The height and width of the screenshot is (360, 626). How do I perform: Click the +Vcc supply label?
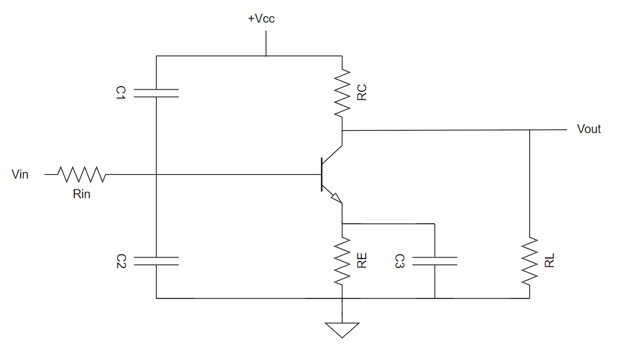[261, 19]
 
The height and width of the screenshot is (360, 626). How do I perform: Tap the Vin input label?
[20, 174]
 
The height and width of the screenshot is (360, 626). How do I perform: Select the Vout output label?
[588, 129]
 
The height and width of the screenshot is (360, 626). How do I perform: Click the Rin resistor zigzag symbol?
[82, 174]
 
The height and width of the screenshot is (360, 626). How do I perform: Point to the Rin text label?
[81, 194]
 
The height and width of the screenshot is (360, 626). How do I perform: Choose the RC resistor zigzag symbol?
[342, 93]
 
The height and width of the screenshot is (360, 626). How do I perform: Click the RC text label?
[361, 93]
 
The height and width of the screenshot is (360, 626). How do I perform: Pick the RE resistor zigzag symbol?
[342, 261]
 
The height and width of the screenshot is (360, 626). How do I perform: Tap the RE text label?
[361, 261]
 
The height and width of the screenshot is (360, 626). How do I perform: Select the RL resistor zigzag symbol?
[529, 261]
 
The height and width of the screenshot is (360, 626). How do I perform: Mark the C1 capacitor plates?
[156, 93]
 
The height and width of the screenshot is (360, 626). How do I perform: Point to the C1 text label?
[121, 92]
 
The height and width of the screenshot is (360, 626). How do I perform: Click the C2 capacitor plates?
[156, 261]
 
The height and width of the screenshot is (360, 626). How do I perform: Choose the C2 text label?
[121, 261]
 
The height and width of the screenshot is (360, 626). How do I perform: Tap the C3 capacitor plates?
[434, 261]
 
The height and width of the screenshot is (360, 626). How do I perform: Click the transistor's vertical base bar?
[321, 174]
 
